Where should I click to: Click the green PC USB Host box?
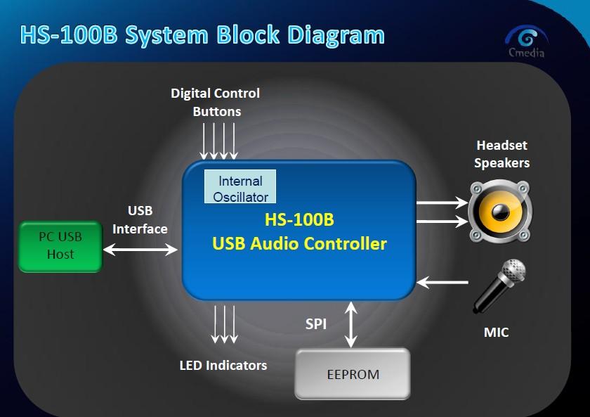tap(60, 246)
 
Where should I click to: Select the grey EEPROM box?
tap(353, 373)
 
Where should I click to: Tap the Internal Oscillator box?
tap(240, 187)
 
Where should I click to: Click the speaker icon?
tap(500, 211)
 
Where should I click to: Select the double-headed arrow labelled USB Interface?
tap(140, 249)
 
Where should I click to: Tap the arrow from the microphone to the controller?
tap(442, 283)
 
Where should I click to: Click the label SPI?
tap(315, 324)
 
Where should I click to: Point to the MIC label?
tap(496, 332)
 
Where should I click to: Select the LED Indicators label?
tap(223, 365)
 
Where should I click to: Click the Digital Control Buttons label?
tap(216, 103)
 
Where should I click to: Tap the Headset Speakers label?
tap(501, 154)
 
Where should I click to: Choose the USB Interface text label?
tap(140, 219)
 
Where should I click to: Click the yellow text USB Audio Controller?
tap(299, 244)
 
